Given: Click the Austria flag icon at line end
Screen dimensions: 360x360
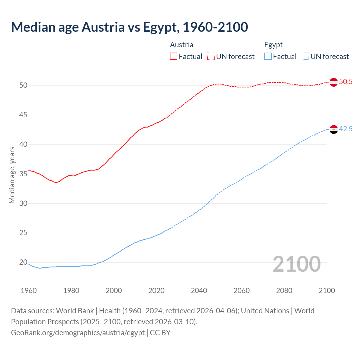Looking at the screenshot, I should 334,82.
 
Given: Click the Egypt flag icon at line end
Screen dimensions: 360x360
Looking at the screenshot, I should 334,129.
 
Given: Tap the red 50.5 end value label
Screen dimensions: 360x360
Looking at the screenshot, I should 346,82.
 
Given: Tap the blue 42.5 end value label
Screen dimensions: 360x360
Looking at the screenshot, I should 346,129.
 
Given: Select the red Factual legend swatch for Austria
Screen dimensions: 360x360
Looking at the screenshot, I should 174,57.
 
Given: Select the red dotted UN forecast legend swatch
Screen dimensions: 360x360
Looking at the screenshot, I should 211,57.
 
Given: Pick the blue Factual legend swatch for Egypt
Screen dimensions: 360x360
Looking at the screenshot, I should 268,57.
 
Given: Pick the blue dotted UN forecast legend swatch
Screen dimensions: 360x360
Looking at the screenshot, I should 305,57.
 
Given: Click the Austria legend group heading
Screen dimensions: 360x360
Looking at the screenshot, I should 182,45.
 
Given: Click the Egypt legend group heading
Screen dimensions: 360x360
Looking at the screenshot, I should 273,45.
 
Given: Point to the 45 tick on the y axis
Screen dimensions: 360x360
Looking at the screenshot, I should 23,115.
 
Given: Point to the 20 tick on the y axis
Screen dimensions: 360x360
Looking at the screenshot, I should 23,262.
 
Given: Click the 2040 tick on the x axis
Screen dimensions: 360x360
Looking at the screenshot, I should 199,291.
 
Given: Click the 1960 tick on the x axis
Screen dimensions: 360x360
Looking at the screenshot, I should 29,291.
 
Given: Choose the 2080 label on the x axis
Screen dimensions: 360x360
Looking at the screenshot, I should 284,291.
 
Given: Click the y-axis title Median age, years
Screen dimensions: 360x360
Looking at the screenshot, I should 12,175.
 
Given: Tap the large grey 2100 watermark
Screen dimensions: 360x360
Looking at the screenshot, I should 296,264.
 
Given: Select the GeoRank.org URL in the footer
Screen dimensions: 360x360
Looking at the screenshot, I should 78,332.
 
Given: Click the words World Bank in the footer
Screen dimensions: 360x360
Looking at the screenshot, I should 75,310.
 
